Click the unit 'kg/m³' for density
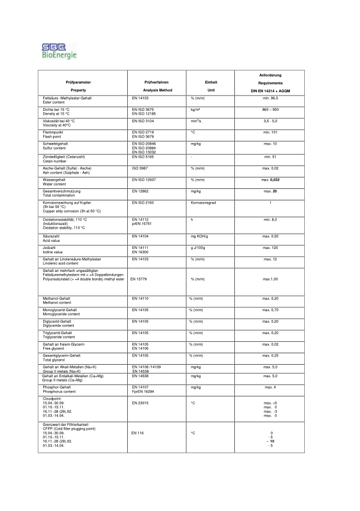pyautogui.click(x=196, y=109)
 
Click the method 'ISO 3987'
pyautogui.click(x=141, y=168)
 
